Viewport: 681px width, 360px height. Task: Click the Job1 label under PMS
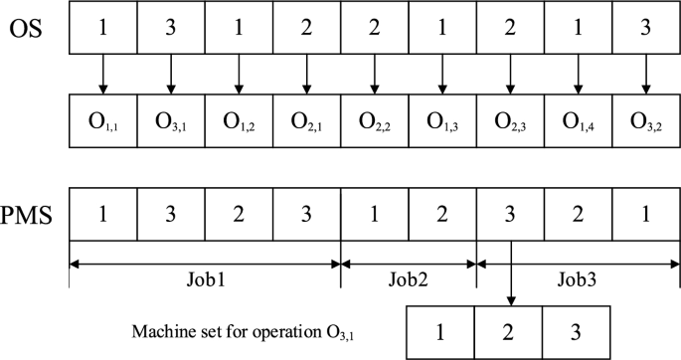coord(204,279)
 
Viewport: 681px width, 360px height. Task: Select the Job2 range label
coord(409,279)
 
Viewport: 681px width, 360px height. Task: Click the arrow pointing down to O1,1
coord(102,73)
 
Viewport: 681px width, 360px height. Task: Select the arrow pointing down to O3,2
coord(647,73)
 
